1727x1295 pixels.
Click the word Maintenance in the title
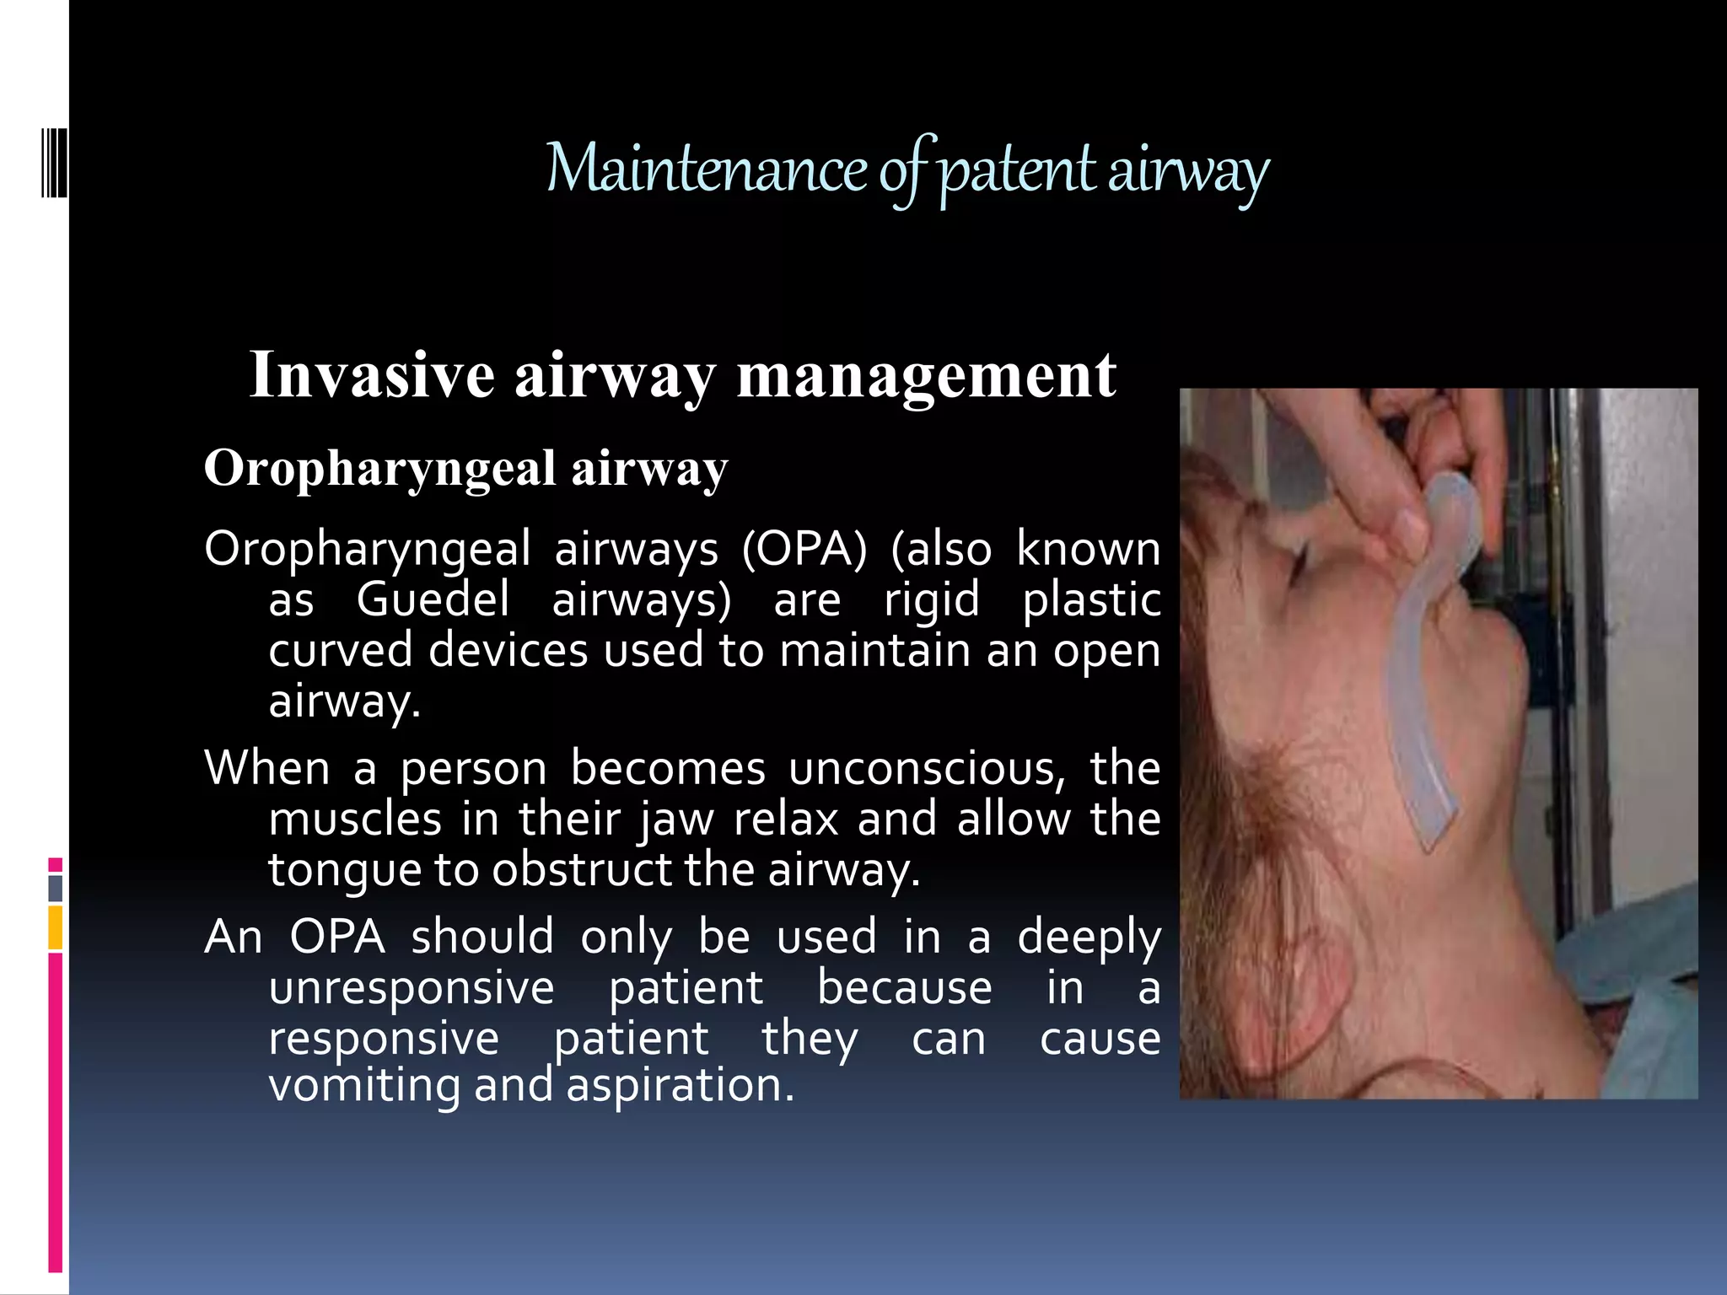707,169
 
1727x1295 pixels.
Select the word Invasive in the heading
372,374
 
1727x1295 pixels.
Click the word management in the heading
927,376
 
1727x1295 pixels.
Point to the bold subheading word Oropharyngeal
379,469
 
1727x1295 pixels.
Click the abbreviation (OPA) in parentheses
804,549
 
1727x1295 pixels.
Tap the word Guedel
433,599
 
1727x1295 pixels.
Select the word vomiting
364,1085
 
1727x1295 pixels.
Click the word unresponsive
412,987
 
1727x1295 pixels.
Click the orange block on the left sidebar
56,927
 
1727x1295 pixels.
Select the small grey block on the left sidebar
56,888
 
